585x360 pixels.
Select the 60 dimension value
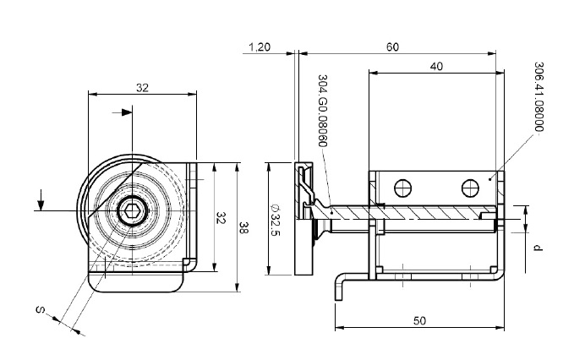392,48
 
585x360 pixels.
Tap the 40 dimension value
435,65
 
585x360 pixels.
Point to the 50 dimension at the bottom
420,322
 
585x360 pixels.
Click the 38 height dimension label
243,226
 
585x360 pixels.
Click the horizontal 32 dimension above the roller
142,86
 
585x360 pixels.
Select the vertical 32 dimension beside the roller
221,218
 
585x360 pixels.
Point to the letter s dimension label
40,311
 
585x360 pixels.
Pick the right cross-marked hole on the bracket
470,185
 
